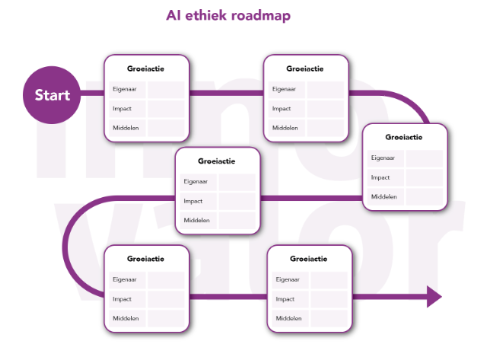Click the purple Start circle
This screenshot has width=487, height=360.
[52, 94]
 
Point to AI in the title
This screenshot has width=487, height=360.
[176, 14]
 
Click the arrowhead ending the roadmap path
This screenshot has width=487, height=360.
[433, 295]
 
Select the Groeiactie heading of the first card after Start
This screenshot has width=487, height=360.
[146, 69]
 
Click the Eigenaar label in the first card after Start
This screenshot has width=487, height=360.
[123, 89]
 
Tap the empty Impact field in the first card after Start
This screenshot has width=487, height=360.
[166, 108]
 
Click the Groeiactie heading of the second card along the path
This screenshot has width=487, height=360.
[305, 69]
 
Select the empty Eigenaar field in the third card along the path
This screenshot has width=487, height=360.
[424, 158]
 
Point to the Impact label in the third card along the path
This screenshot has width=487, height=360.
[380, 177]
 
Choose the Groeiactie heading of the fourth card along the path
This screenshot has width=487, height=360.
[217, 161]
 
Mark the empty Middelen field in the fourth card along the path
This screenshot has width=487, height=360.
[237, 220]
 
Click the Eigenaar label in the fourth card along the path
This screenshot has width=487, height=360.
[194, 181]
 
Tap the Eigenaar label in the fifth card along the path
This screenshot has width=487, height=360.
[123, 279]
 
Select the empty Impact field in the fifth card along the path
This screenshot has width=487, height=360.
[166, 298]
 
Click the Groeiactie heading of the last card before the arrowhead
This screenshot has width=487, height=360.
[309, 260]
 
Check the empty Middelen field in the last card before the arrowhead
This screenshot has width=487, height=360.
[329, 318]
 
